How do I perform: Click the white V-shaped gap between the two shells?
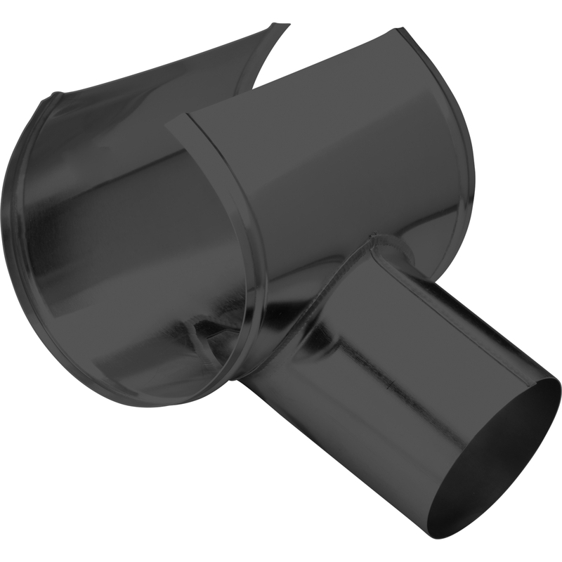point(263,77)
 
